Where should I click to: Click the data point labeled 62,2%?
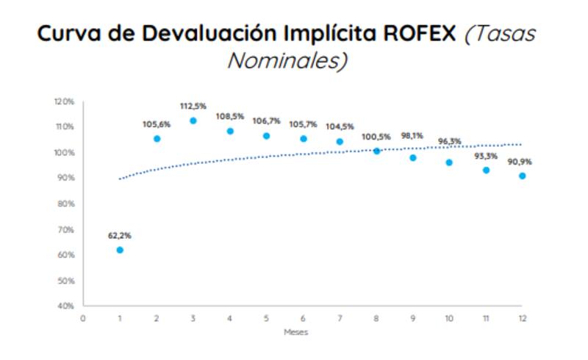click(x=120, y=250)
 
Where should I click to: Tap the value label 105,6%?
click(x=157, y=124)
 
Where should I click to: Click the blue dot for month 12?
click(x=523, y=176)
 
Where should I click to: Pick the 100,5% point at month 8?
click(x=377, y=151)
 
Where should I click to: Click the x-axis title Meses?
click(x=296, y=332)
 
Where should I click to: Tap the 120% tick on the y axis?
click(x=64, y=101)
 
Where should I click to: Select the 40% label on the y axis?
click(x=65, y=306)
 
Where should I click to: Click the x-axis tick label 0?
click(x=83, y=318)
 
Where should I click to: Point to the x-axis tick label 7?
click(x=340, y=318)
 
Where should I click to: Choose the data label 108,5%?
click(x=230, y=116)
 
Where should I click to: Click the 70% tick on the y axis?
click(x=65, y=229)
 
